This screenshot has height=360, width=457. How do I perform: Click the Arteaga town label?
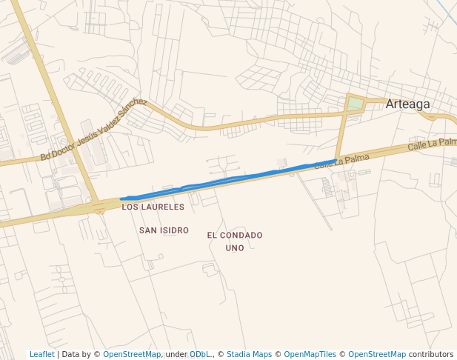pyautogui.click(x=407, y=104)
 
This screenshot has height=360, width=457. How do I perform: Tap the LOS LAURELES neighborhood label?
pyautogui.click(x=153, y=207)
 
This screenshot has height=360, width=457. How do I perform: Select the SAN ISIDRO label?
pyautogui.click(x=164, y=230)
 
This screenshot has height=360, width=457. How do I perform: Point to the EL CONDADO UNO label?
pyautogui.click(x=235, y=241)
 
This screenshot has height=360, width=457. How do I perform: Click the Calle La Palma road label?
pyautogui.click(x=341, y=161)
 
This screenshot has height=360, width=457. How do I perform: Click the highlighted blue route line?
pyautogui.click(x=222, y=180)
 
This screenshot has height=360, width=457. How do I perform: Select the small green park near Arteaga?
pyautogui.click(x=356, y=104)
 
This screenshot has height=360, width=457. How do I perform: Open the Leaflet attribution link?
pyautogui.click(x=42, y=354)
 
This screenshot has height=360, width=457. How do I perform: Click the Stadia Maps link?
pyautogui.click(x=249, y=354)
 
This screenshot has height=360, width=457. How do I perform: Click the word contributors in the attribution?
pyautogui.click(x=431, y=354)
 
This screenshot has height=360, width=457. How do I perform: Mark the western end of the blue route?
pyautogui.click(x=122, y=199)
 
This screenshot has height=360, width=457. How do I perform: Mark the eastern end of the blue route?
pyautogui.click(x=334, y=161)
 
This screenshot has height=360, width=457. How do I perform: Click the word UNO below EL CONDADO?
pyautogui.click(x=235, y=248)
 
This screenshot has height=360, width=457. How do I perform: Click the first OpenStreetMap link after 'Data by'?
pyautogui.click(x=132, y=354)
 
